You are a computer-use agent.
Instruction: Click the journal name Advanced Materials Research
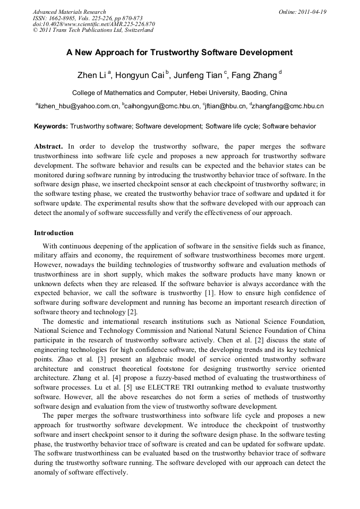coord(69,12)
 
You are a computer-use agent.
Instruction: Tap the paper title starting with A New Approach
coord(179,53)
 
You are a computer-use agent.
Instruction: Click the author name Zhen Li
coord(91,75)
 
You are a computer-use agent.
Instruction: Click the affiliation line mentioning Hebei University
coord(179,92)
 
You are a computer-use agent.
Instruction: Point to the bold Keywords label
coord(51,126)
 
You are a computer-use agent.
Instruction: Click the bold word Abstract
coord(48,146)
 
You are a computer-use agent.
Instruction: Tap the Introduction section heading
coord(54,233)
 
